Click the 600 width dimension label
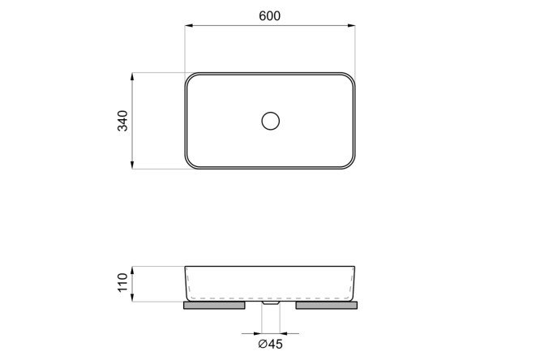point(270,16)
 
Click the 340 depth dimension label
point(123,121)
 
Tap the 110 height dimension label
point(123,282)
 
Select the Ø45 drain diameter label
point(270,344)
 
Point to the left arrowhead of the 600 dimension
point(188,25)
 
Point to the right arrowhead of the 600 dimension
point(351,25)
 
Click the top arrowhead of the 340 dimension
point(132,76)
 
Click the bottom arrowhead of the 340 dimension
point(132,165)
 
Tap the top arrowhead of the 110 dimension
point(133,270)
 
